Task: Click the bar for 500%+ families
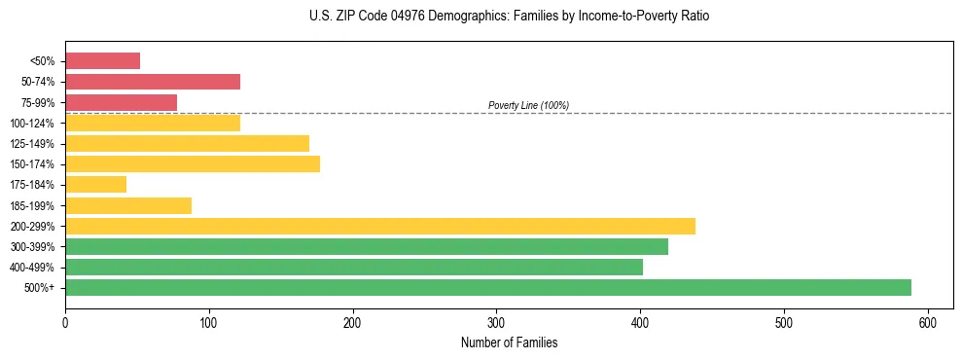pyautogui.click(x=488, y=287)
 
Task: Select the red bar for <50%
pyautogui.click(x=102, y=61)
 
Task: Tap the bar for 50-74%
pyautogui.click(x=152, y=82)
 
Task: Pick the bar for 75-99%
pyautogui.click(x=121, y=102)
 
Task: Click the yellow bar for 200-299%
pyautogui.click(x=379, y=226)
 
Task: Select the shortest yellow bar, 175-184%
pyautogui.click(x=95, y=184)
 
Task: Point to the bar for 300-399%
pyautogui.click(x=366, y=246)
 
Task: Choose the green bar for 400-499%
pyautogui.click(x=354, y=267)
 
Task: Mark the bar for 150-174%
pyautogui.click(x=192, y=163)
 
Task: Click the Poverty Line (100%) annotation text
pyautogui.click(x=528, y=105)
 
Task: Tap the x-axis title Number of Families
pyautogui.click(x=509, y=343)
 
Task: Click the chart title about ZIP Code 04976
pyautogui.click(x=509, y=17)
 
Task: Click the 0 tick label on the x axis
pyautogui.click(x=65, y=322)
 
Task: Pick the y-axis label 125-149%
pyautogui.click(x=32, y=144)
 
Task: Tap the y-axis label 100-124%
pyautogui.click(x=32, y=124)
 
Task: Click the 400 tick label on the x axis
pyautogui.click(x=640, y=322)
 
